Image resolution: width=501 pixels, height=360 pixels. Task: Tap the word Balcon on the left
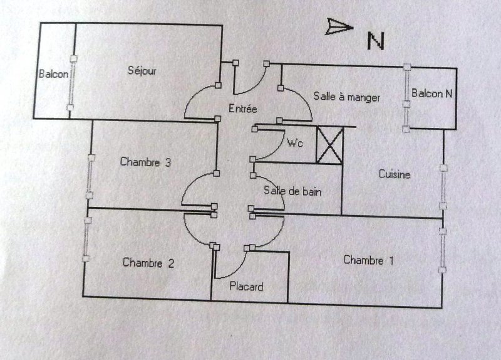(x=54, y=74)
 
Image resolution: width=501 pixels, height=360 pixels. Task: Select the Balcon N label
(x=432, y=94)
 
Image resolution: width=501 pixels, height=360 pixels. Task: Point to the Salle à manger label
(x=346, y=97)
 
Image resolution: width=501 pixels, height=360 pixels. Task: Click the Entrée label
(x=243, y=108)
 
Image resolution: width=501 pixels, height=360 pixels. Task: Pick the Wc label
(x=295, y=143)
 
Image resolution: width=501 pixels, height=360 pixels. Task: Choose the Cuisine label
(x=395, y=175)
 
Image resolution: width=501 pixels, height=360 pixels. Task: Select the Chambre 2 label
(x=148, y=263)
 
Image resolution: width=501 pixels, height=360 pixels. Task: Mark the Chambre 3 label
(x=145, y=162)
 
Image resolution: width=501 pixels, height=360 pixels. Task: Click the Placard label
(x=246, y=287)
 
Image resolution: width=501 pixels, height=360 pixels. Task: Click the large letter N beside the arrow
(x=375, y=40)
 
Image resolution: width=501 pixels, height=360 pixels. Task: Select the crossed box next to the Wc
(x=329, y=146)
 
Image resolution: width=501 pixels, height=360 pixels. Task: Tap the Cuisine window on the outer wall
(x=443, y=186)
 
